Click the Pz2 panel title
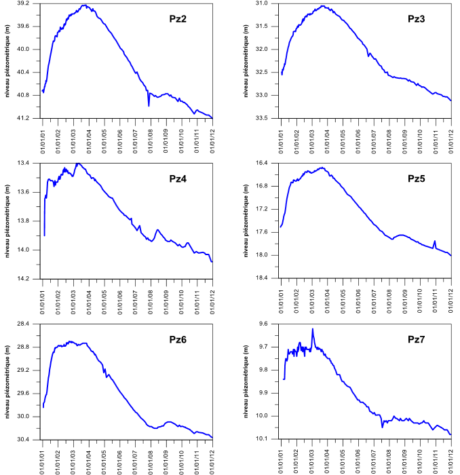tap(178, 19)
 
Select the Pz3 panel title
tap(416, 19)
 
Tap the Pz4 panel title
tap(178, 179)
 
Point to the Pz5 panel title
tap(416, 179)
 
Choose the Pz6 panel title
tap(178, 339)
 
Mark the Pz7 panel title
tap(416, 339)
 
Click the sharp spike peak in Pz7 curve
tap(313, 329)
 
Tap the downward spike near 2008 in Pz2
tap(149, 105)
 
